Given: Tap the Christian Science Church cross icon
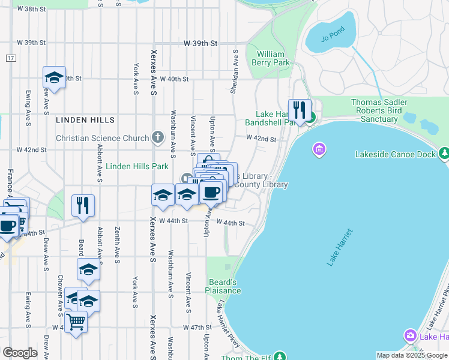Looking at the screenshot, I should (157, 138).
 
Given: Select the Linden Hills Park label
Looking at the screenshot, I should (137, 166).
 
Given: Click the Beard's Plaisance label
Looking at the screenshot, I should (224, 286).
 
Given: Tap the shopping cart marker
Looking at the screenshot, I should (76, 322).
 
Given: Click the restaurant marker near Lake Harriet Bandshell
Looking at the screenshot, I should (300, 110).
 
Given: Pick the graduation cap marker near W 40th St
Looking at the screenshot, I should (54, 77).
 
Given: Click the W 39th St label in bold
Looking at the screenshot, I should (200, 44).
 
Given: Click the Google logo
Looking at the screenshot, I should (20, 353).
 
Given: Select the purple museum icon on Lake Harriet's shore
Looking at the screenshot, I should (319, 148).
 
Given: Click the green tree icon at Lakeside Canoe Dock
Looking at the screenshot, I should (443, 155).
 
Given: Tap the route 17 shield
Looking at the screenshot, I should (11, 58).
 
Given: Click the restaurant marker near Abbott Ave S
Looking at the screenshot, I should (83, 205).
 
